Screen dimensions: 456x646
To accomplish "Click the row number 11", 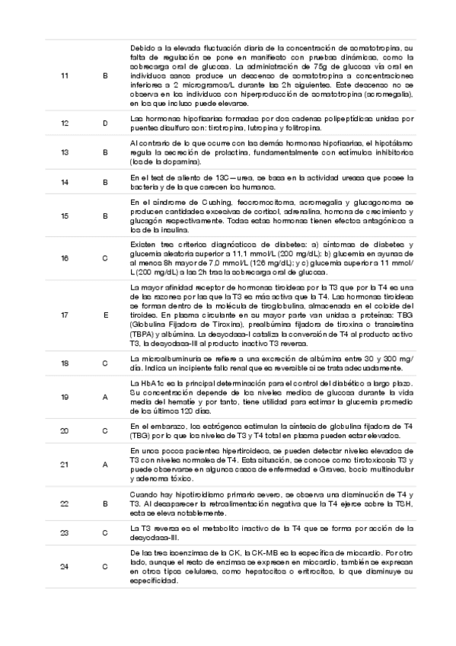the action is pos(64,75).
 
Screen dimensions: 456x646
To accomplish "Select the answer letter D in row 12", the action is pos(105,123).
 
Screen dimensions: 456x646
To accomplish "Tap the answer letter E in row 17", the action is pos(105,314).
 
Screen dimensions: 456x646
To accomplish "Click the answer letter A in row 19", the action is pos(105,397).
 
